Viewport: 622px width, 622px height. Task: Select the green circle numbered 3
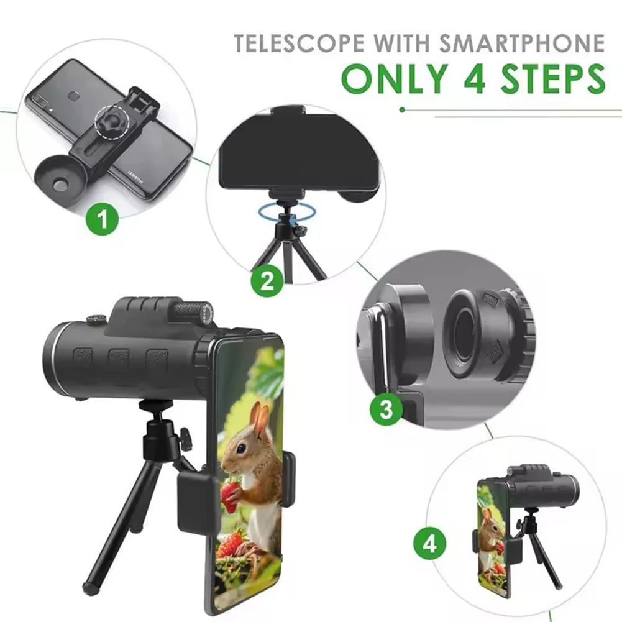click(x=386, y=409)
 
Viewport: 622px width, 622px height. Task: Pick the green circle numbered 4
click(x=429, y=545)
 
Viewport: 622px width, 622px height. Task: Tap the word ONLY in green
click(x=392, y=79)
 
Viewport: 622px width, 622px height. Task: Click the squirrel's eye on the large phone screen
click(x=240, y=447)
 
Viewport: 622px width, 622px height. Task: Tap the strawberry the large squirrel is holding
click(x=231, y=496)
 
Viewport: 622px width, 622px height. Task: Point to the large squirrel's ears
click(x=260, y=417)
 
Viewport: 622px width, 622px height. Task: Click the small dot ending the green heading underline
click(x=402, y=109)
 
